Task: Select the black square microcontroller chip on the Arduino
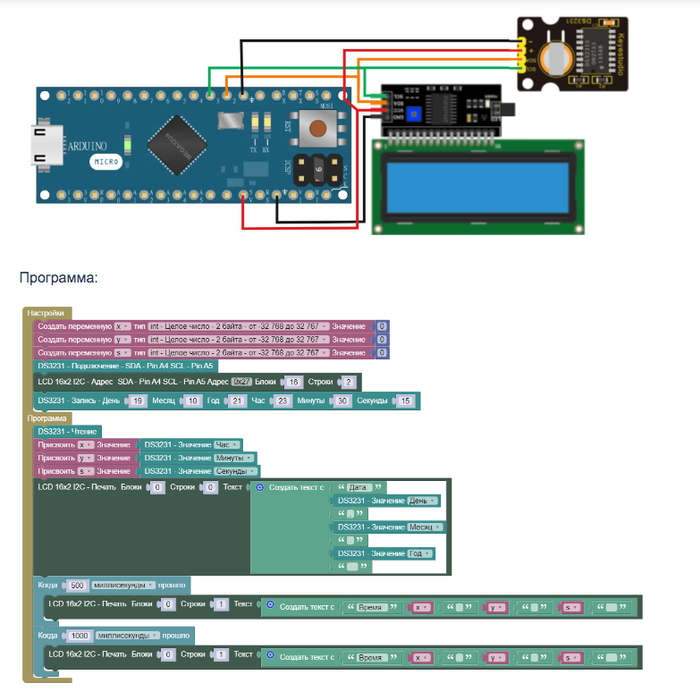(x=177, y=139)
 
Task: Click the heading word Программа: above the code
(x=58, y=277)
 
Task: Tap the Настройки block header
(x=45, y=312)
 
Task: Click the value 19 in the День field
(x=138, y=400)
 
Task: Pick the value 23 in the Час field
(x=283, y=400)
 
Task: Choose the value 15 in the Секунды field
(x=404, y=400)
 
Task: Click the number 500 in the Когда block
(x=76, y=585)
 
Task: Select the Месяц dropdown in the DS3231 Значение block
(x=424, y=527)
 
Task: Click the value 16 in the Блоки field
(x=293, y=382)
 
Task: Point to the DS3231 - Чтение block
(x=67, y=431)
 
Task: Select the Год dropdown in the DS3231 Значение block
(x=420, y=553)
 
